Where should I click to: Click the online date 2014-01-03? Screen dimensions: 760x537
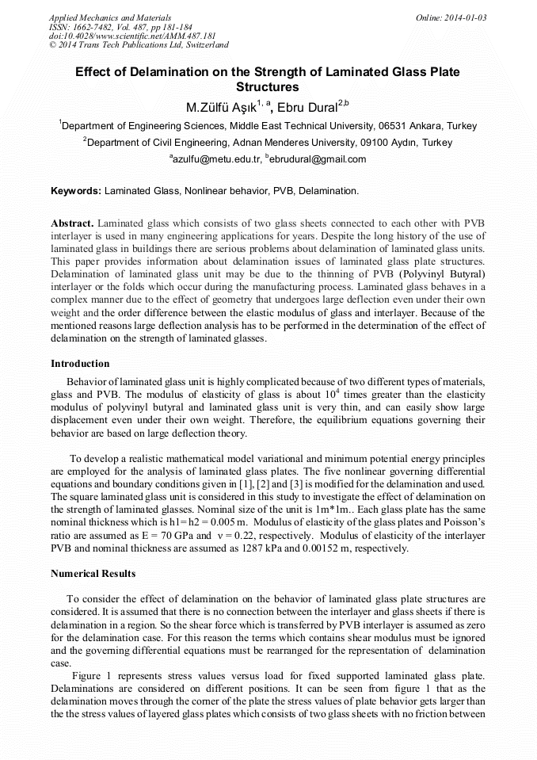(x=465, y=17)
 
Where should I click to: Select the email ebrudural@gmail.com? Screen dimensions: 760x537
(x=319, y=159)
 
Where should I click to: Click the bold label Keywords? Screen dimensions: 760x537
(x=76, y=191)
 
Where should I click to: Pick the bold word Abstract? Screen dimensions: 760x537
(x=72, y=223)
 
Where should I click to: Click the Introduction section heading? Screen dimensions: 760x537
(x=80, y=364)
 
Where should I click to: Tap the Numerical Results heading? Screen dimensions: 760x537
(x=93, y=573)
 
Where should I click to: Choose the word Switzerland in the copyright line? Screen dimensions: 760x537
(x=200, y=46)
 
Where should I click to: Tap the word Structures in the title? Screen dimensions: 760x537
(x=268, y=87)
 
